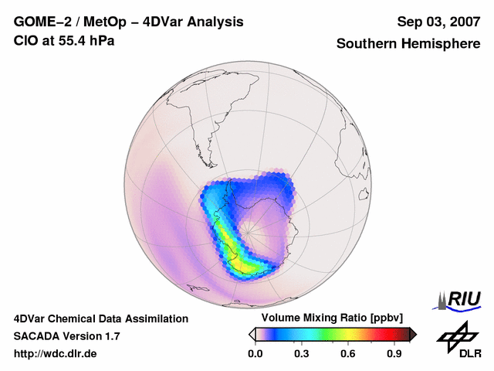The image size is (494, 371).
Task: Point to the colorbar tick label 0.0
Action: [x=255, y=354]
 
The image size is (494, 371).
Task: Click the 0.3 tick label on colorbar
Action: [x=301, y=354]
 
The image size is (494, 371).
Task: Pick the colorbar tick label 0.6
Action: [x=348, y=354]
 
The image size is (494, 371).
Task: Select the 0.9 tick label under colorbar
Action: [x=395, y=354]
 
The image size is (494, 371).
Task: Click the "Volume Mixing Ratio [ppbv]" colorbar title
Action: [x=329, y=318]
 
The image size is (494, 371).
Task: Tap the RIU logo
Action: [x=461, y=298]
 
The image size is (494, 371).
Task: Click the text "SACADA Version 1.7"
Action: [x=67, y=336]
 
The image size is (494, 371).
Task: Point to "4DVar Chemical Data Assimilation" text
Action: [x=100, y=318]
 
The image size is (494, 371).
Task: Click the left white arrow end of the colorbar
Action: [x=252, y=334]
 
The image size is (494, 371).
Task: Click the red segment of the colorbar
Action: [x=382, y=334]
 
